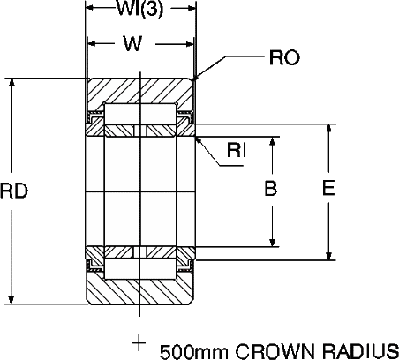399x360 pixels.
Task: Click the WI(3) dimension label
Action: point(139,9)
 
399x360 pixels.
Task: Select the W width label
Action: point(133,43)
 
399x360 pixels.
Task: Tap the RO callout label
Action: point(284,57)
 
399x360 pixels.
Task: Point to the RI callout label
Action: point(237,150)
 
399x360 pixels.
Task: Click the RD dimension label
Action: point(14,191)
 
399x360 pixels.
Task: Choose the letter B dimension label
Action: point(271,188)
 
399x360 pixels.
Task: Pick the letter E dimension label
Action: point(328,188)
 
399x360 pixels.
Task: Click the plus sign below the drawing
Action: point(139,343)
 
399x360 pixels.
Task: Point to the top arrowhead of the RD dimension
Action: point(11,83)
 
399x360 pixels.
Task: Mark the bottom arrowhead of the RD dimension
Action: point(11,299)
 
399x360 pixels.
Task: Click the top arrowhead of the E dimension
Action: point(329,129)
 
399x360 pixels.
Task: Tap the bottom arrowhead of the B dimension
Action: point(273,242)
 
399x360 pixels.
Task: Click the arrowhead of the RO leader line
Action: point(195,77)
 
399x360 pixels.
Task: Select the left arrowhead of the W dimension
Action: point(93,44)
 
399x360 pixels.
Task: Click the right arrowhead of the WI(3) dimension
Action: point(192,9)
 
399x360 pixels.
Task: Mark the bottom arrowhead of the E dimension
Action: point(329,255)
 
